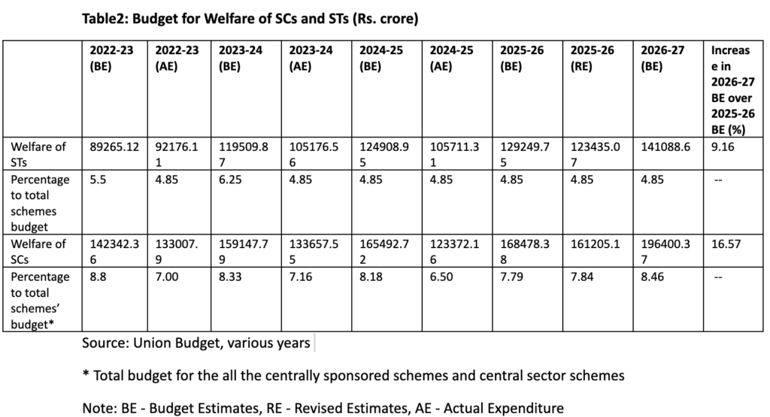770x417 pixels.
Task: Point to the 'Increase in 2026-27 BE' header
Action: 729,90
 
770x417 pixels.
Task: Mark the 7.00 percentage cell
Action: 166,277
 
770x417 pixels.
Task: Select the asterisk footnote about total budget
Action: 353,374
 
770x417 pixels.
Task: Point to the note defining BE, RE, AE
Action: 323,408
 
